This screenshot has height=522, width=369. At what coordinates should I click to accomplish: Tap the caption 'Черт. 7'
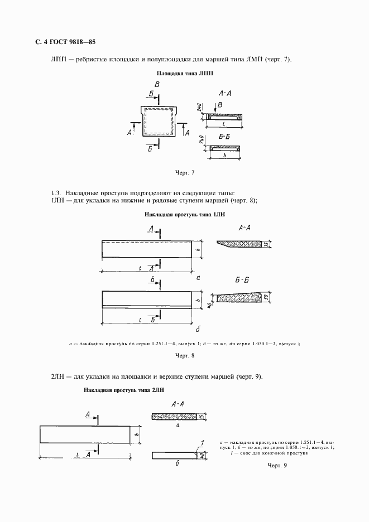click(x=184, y=172)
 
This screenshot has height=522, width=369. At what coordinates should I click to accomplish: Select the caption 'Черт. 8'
click(x=184, y=355)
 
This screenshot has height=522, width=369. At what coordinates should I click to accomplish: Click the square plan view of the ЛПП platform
click(x=159, y=121)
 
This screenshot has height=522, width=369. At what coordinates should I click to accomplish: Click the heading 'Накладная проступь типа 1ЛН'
click(x=184, y=214)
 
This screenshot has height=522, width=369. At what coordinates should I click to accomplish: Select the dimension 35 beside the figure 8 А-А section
click(x=266, y=244)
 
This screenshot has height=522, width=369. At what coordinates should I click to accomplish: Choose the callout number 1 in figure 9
click(x=200, y=443)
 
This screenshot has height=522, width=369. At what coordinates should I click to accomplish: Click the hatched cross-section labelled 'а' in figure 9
click(x=176, y=416)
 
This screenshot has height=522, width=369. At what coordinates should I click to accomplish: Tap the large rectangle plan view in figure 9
click(x=84, y=433)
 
